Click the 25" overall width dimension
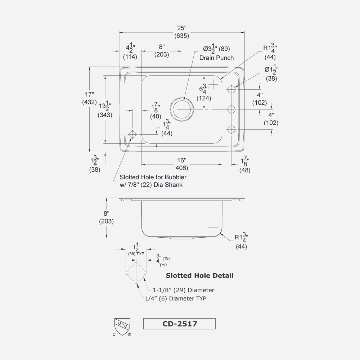(182, 32)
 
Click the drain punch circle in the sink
(182, 108)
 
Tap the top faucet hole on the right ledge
(231, 88)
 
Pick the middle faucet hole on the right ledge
(231, 109)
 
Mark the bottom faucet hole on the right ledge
(231, 129)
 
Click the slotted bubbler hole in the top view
(132, 134)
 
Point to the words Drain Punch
(216, 58)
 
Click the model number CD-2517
(179, 324)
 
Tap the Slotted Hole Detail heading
(199, 276)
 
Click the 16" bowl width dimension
(181, 164)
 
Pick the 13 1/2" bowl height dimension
(105, 111)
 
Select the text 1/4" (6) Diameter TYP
(176, 298)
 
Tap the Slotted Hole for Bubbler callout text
(153, 181)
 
